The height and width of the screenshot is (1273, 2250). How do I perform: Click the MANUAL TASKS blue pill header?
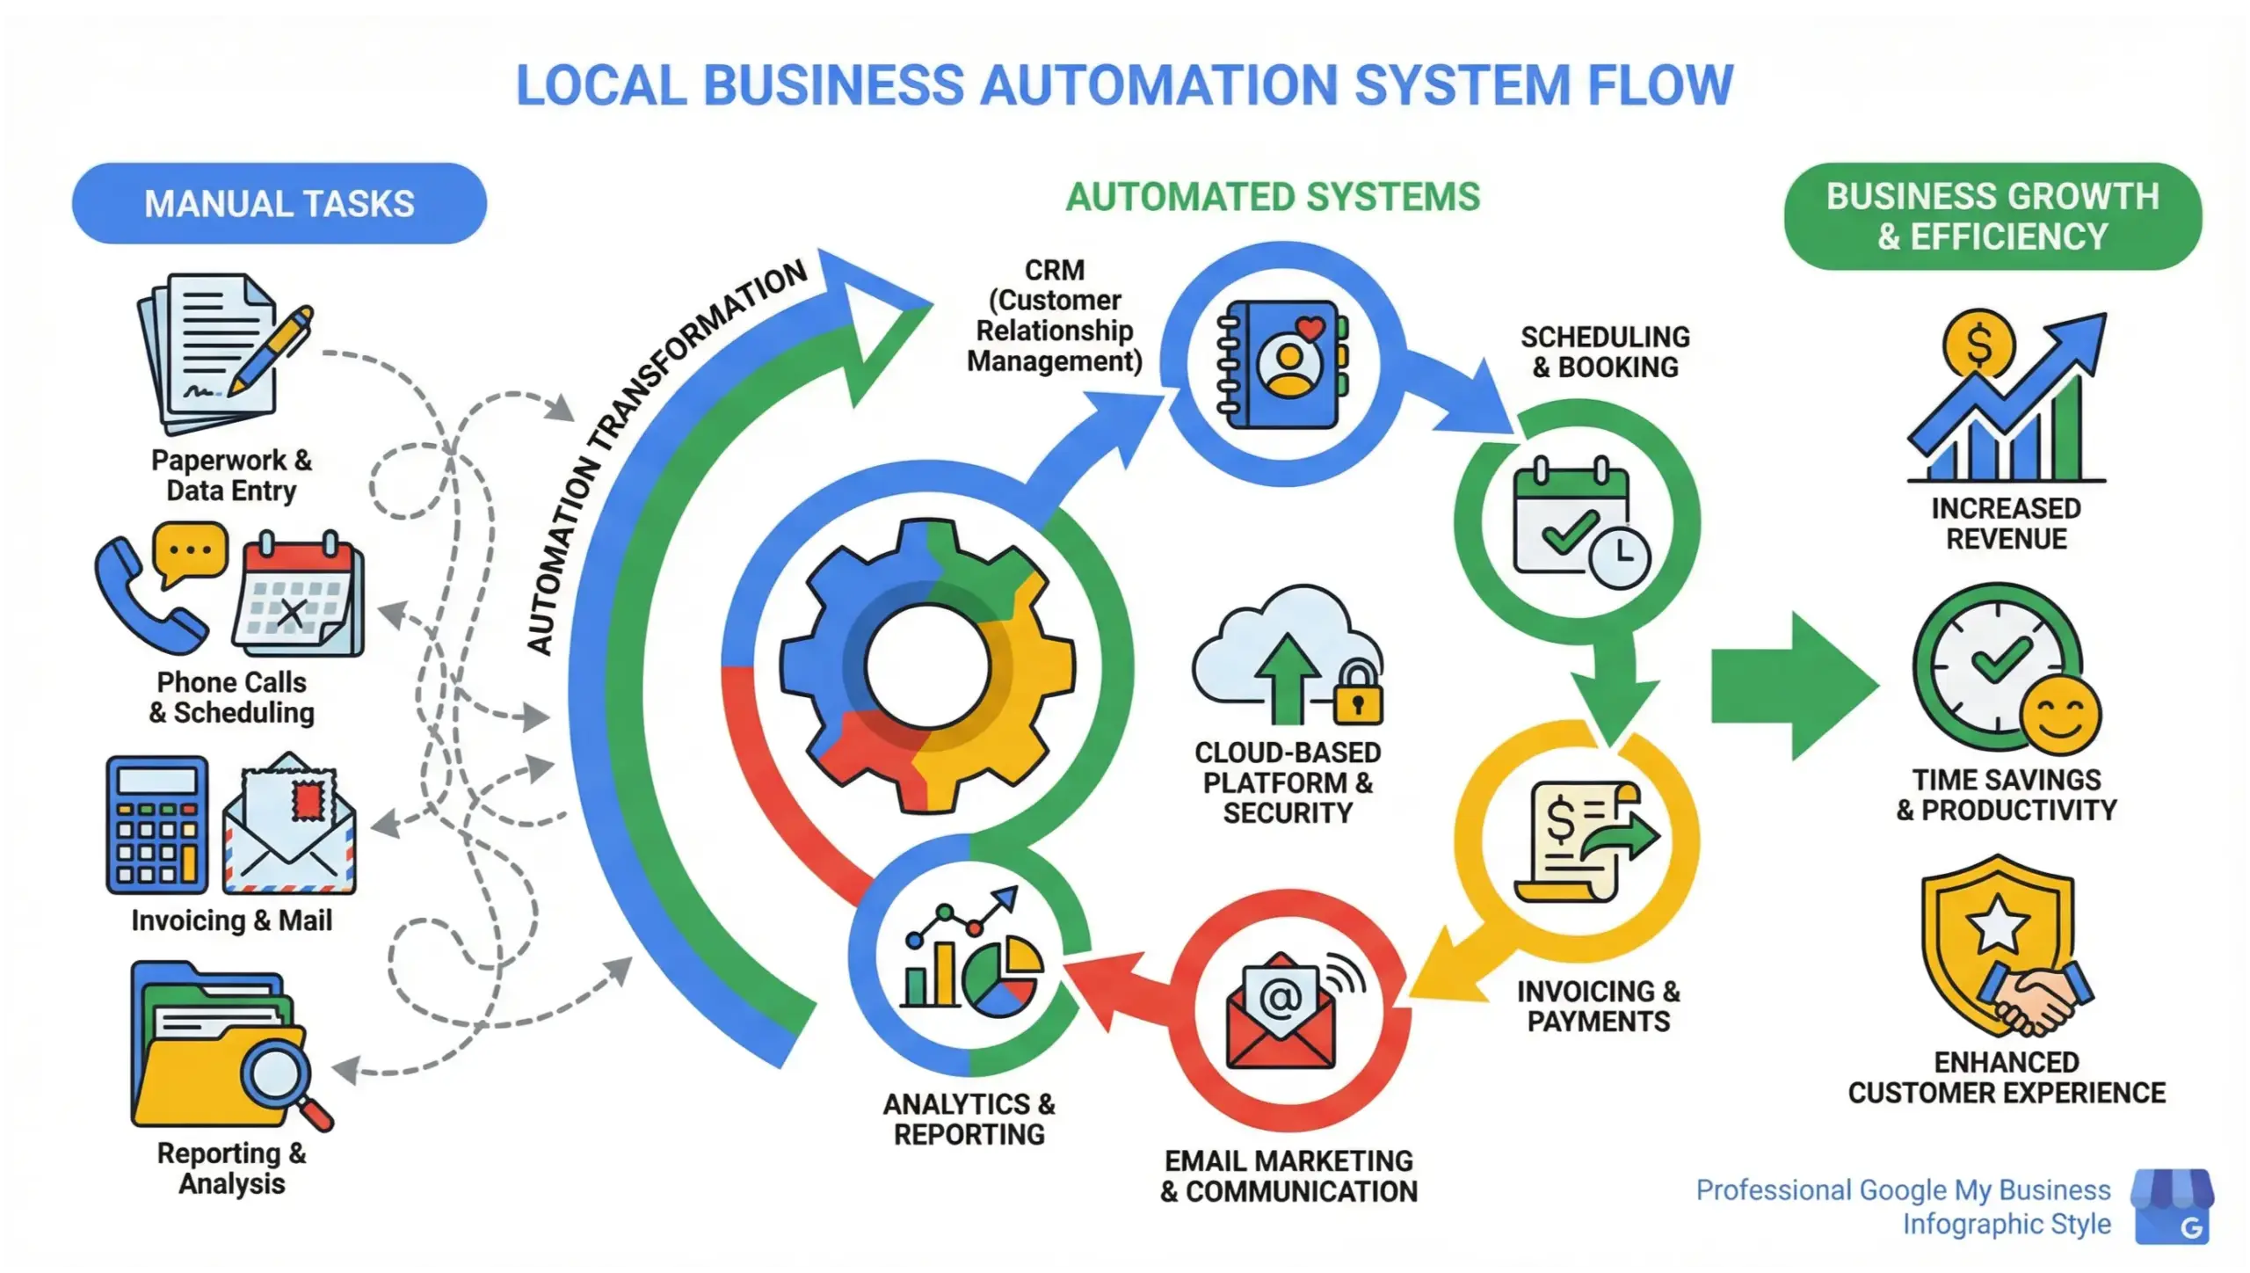[279, 203]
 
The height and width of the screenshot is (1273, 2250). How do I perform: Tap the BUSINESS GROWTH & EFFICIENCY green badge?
[1992, 216]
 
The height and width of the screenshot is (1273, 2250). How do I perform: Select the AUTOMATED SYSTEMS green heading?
[1273, 196]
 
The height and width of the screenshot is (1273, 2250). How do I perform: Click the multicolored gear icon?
[927, 666]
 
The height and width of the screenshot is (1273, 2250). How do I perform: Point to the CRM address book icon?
[1282, 364]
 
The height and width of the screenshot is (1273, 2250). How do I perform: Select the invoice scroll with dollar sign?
[1578, 841]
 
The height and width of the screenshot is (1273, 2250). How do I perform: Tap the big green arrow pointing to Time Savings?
[1793, 686]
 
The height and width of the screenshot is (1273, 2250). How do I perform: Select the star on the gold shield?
[1997, 925]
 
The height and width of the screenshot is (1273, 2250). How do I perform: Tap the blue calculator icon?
[157, 825]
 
